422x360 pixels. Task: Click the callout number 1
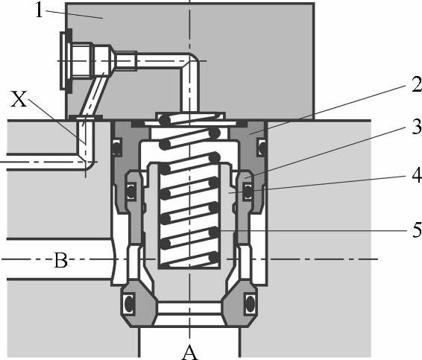[39, 11]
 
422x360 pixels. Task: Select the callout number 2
[417, 85]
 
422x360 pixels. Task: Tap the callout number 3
[417, 127]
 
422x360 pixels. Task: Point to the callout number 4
[417, 176]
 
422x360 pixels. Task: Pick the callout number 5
[417, 230]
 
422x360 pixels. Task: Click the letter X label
[19, 99]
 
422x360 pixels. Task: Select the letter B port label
[61, 260]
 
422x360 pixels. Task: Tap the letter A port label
[189, 353]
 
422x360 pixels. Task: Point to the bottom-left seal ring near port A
[130, 304]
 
